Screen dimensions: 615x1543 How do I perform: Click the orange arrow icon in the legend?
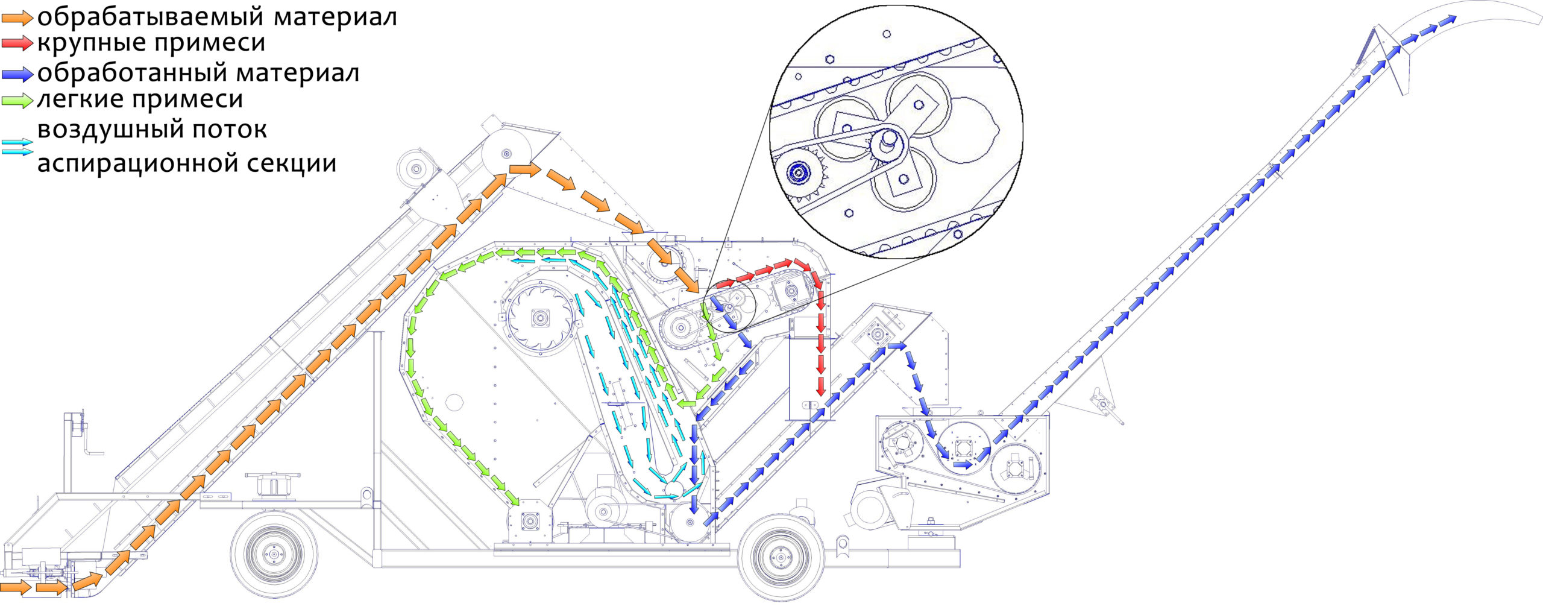(x=17, y=19)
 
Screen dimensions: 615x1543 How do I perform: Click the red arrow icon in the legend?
(x=17, y=43)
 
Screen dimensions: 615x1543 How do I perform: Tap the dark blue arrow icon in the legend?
(x=17, y=74)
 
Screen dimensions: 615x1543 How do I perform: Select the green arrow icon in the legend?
(x=17, y=100)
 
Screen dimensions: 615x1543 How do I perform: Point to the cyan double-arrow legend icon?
(x=17, y=147)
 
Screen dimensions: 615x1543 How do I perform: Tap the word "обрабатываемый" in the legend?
(x=151, y=17)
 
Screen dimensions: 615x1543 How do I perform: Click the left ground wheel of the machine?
(x=274, y=554)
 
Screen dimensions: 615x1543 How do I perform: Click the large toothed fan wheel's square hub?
(x=539, y=317)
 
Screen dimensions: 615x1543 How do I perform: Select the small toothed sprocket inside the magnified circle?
(x=799, y=173)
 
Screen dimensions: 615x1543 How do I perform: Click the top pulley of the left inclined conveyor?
(x=506, y=153)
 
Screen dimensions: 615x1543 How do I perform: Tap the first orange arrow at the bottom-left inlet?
(x=16, y=587)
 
